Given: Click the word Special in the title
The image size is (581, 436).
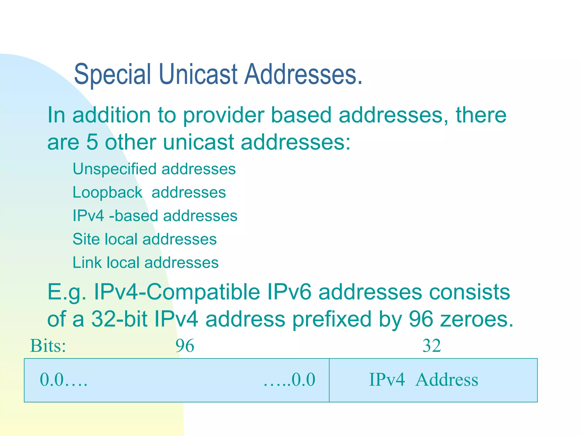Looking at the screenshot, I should click(112, 74).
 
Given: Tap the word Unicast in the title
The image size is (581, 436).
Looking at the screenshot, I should click(198, 74).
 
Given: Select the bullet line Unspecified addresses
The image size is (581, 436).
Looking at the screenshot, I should click(154, 169).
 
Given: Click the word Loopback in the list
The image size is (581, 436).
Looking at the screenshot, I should click(107, 192).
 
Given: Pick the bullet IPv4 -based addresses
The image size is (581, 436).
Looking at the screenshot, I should click(155, 216).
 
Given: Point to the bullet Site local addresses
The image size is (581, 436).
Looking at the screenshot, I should click(145, 239).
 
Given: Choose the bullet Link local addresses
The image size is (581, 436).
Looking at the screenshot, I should click(146, 263).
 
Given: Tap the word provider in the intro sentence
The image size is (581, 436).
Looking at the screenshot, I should click(223, 115).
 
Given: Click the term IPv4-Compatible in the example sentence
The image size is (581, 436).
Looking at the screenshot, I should click(177, 292).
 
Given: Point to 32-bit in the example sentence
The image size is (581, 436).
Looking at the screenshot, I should click(119, 319).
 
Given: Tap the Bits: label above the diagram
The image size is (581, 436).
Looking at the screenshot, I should click(48, 346).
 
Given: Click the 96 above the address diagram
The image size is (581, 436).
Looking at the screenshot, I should click(185, 346).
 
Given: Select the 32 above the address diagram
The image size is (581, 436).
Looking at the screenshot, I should click(431, 346).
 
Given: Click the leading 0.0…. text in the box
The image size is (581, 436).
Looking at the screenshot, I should click(64, 380).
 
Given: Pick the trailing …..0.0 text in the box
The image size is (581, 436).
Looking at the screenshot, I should click(289, 380).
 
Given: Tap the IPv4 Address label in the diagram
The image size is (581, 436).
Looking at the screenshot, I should click(423, 380).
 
